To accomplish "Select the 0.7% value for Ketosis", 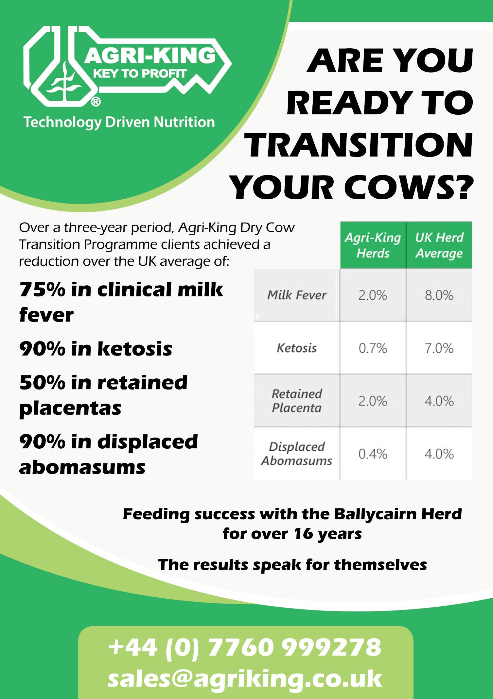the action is [373, 348].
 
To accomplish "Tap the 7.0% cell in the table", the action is [439, 348].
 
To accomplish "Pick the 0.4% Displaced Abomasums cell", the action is [373, 454].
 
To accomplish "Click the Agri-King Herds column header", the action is [373, 245].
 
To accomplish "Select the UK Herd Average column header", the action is [439, 245].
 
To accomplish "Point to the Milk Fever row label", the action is [297, 295].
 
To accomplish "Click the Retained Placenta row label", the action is [297, 401].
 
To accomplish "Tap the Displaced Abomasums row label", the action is [297, 454].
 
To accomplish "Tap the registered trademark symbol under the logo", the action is [95, 103].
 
